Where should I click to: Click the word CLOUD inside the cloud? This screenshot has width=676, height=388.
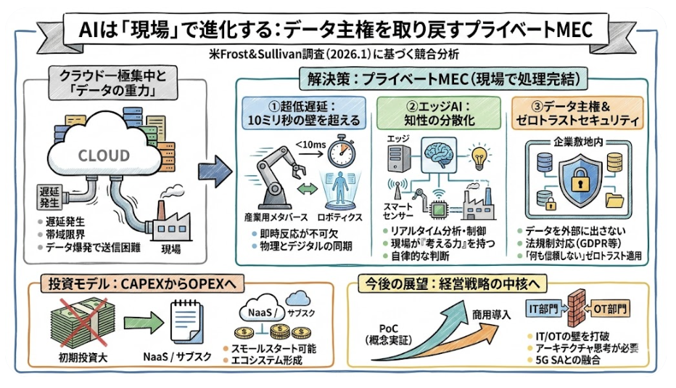104,155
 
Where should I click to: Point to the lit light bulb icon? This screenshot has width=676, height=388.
480,155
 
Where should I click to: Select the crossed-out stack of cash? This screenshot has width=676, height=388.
76,323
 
